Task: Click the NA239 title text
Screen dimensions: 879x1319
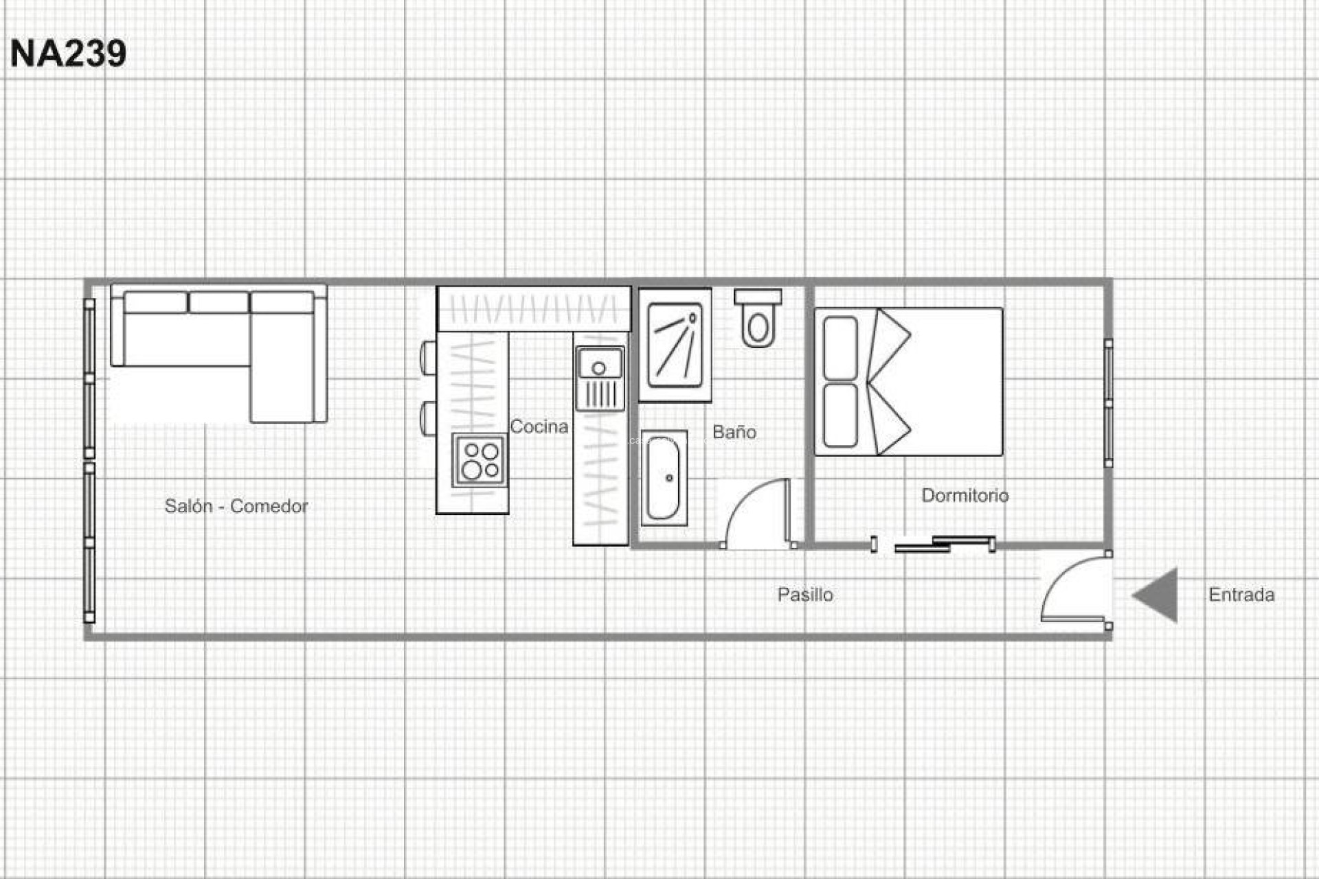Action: tap(68, 54)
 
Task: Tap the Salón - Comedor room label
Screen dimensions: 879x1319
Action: tap(236, 506)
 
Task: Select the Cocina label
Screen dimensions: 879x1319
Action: tap(539, 426)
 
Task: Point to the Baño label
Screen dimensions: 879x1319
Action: tap(734, 432)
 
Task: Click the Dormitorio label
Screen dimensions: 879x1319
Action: tap(965, 495)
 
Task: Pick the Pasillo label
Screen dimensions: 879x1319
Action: tap(805, 594)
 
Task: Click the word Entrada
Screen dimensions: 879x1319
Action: tap(1241, 594)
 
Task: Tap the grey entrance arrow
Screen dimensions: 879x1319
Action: tap(1157, 595)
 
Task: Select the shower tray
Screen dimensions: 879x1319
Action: tap(675, 345)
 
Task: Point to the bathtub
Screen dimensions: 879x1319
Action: tap(664, 478)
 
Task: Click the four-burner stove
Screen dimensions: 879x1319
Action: tap(480, 460)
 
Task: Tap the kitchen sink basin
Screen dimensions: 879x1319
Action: tap(600, 365)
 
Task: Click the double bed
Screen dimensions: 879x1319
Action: tap(908, 381)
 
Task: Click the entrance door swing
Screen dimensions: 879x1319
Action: tap(1076, 588)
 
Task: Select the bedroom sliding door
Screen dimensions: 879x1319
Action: tap(945, 544)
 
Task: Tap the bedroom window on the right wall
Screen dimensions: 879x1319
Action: tap(1108, 403)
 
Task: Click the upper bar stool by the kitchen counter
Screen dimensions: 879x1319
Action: tap(428, 358)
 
